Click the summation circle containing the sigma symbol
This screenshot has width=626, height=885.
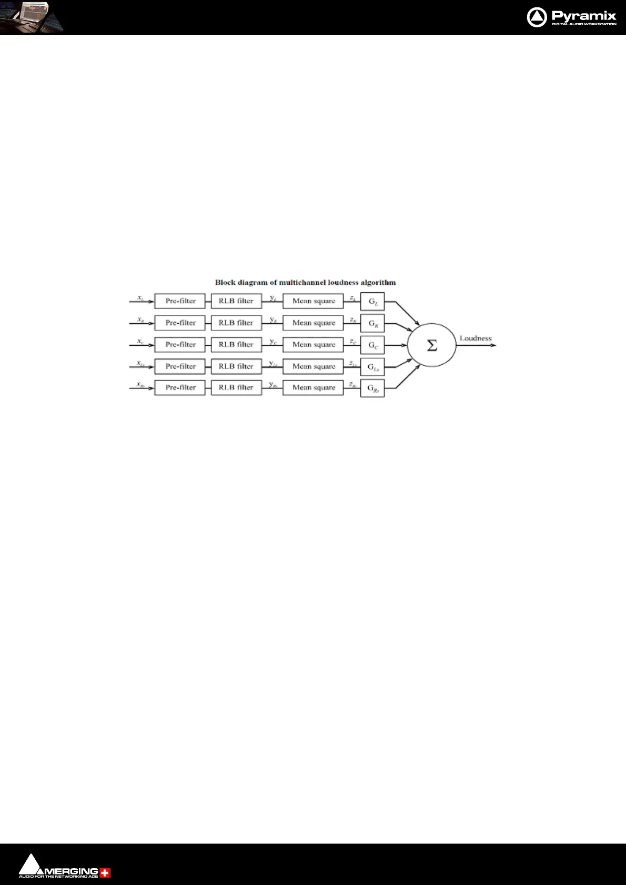(x=431, y=345)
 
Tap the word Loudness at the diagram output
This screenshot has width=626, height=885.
(x=476, y=338)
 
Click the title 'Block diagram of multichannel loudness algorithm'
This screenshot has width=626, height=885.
(x=305, y=282)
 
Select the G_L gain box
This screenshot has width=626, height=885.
(x=372, y=302)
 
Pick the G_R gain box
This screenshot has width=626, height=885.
(x=372, y=323)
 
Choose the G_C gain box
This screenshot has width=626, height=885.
(x=372, y=345)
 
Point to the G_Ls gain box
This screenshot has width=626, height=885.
(x=372, y=367)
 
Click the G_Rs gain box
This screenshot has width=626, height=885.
(x=372, y=388)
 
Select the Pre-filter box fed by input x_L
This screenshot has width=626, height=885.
(x=180, y=301)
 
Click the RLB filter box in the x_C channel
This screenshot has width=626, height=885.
(x=236, y=345)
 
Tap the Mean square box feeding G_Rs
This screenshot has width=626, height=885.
(x=313, y=388)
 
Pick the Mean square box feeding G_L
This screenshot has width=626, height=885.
(x=313, y=301)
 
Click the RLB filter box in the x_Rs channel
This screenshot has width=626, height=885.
(x=236, y=388)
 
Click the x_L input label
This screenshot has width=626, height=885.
(x=140, y=298)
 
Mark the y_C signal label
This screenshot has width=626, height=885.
(x=273, y=342)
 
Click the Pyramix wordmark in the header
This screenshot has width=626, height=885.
(x=583, y=15)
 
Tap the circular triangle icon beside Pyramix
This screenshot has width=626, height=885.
(x=537, y=17)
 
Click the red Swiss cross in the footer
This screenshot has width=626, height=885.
(x=105, y=873)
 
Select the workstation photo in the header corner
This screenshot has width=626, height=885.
(x=32, y=17)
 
